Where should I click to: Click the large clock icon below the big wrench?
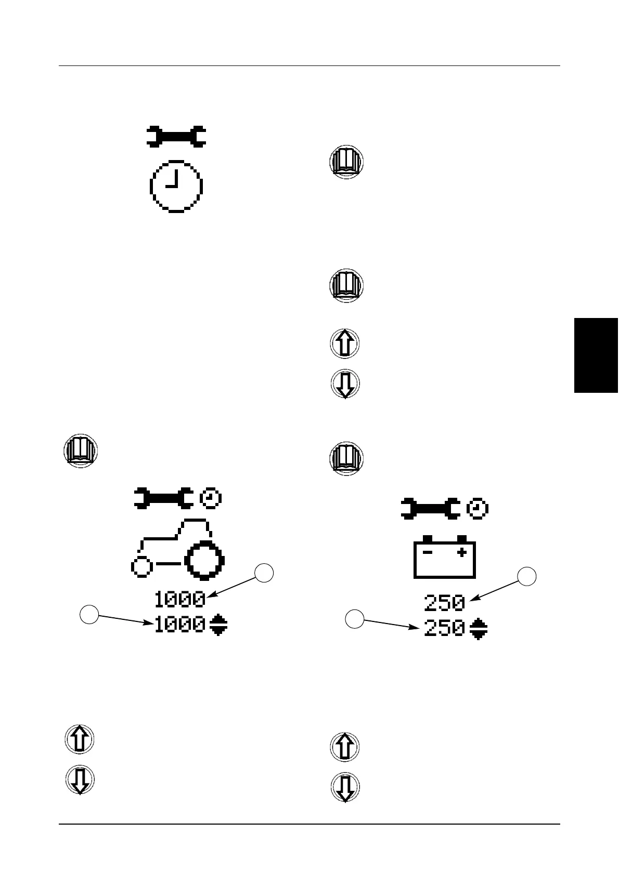(x=176, y=185)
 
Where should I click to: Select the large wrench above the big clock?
(x=176, y=136)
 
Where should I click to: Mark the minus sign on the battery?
(x=428, y=553)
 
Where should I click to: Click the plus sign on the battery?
(x=461, y=553)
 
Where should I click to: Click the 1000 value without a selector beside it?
(x=179, y=600)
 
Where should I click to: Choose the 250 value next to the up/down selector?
(x=444, y=629)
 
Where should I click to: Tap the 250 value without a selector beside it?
(x=444, y=604)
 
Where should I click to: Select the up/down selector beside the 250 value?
(x=478, y=629)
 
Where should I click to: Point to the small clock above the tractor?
(x=211, y=498)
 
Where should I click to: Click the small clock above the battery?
(x=477, y=509)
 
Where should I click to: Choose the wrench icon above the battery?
(x=430, y=509)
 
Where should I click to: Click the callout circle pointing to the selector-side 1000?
(x=89, y=615)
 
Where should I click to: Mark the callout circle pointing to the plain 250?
(x=527, y=577)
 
